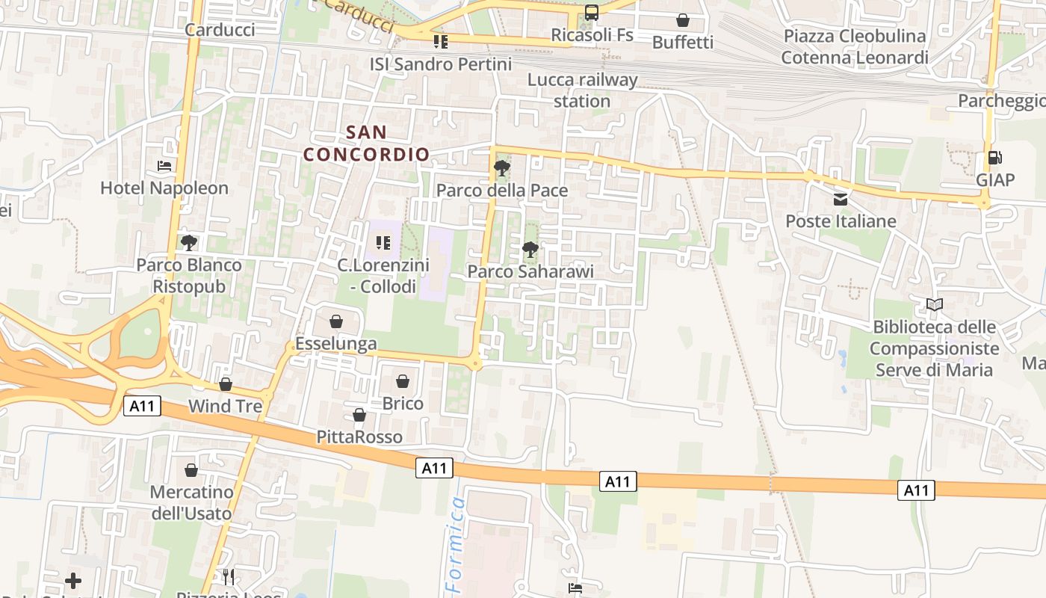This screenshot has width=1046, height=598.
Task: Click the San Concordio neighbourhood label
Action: coord(367,144)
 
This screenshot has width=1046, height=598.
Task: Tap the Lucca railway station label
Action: coord(583,90)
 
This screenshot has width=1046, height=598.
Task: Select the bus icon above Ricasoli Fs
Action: coord(592,13)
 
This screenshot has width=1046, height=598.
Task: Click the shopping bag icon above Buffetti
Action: coord(683,20)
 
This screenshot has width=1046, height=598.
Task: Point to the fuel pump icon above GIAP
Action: coord(994,158)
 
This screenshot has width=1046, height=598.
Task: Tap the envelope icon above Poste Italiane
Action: coord(841,199)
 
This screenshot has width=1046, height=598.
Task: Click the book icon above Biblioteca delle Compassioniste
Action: coord(934,304)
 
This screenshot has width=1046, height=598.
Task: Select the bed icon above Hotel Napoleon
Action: coord(164,165)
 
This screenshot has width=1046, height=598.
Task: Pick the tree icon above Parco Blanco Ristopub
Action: coord(188,242)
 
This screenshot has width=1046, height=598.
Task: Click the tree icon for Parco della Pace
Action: coord(502,168)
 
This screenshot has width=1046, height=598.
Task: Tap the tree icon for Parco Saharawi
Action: coord(530,249)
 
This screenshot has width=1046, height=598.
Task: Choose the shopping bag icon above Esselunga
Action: coord(336,321)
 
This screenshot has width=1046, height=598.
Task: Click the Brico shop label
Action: coord(403,404)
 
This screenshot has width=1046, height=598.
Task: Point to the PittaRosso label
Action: coord(359,437)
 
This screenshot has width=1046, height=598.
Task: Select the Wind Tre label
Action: coord(226,407)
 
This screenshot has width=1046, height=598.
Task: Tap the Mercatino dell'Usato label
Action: coord(191,503)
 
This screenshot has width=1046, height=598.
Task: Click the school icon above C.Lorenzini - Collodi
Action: coord(383,242)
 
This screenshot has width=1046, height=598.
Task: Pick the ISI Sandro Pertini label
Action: coord(441,64)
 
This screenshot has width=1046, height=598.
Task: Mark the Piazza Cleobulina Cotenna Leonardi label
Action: coord(855,46)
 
